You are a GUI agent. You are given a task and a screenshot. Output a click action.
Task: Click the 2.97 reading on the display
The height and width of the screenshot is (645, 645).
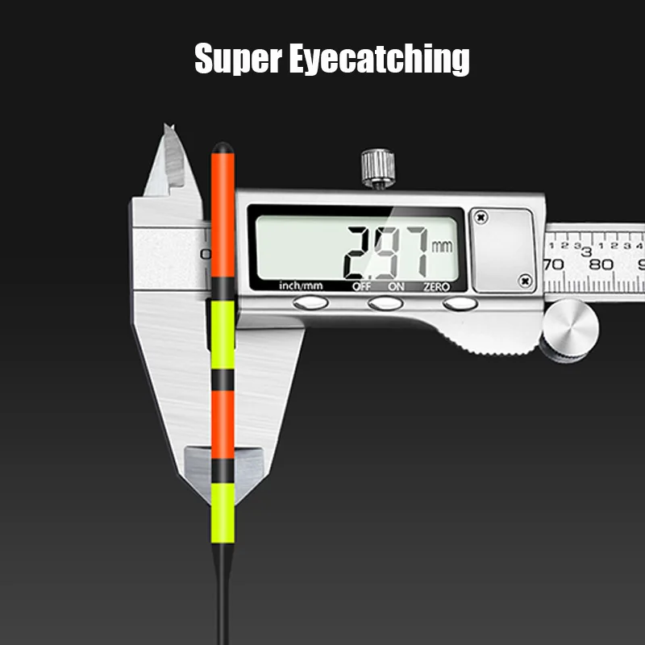(386, 250)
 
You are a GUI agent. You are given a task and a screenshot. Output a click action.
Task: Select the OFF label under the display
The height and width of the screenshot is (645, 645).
(361, 285)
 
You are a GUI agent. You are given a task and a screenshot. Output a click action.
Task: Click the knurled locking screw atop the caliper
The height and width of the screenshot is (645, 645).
(377, 168)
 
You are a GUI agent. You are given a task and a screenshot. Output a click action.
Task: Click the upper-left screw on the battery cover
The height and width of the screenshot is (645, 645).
(481, 217)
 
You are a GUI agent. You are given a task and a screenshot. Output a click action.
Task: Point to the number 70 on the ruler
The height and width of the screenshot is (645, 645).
(553, 264)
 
